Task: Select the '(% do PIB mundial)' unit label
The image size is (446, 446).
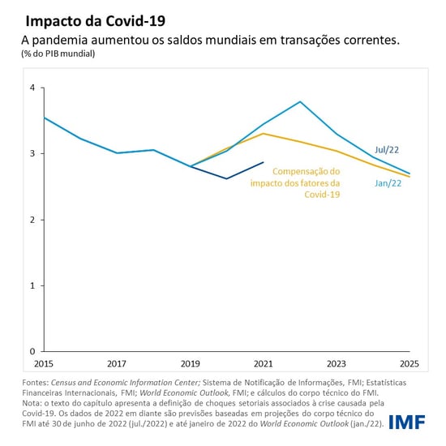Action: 63,54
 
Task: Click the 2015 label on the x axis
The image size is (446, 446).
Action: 44,363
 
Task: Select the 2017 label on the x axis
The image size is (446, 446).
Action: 116,363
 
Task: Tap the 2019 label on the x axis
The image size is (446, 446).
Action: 189,363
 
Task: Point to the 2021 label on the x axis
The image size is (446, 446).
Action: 262,363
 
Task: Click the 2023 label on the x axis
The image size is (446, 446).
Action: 335,363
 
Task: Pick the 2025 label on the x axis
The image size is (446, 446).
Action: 408,363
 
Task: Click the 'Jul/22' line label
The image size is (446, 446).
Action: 387,150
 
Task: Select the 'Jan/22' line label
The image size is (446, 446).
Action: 387,183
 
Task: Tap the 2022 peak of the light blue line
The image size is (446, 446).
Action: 300,101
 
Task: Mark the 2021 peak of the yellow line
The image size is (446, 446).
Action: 264,134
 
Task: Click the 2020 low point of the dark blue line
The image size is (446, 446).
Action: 227,178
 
